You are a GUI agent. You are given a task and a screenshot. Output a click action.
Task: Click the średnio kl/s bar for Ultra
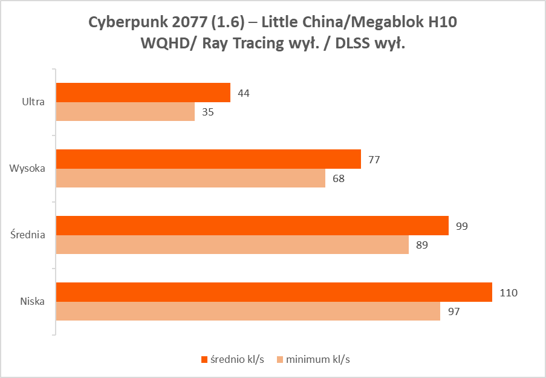point(143,93)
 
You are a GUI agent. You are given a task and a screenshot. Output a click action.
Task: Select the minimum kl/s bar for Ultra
point(125,111)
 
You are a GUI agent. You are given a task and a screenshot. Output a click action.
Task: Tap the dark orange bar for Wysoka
point(209,159)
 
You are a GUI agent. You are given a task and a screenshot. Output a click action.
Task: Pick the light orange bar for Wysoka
point(190,178)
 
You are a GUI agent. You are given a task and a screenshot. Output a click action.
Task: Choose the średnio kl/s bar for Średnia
point(252,226)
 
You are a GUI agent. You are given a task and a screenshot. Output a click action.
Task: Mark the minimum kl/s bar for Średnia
point(232,244)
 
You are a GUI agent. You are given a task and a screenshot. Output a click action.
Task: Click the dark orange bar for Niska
point(274,292)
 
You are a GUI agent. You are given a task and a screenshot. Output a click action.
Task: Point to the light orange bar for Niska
point(248,311)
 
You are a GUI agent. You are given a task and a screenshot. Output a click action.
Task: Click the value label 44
point(244,93)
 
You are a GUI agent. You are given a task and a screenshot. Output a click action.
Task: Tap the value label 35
point(208,112)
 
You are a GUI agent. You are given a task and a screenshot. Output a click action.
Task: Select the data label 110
point(509,293)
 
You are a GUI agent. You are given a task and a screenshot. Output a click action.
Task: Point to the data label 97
point(453,311)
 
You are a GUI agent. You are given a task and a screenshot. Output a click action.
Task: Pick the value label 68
point(339,178)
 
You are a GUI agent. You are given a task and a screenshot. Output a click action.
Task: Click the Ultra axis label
point(33,102)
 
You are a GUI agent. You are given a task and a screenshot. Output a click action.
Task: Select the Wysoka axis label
point(27,168)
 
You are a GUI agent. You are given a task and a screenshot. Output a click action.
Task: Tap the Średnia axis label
point(27,235)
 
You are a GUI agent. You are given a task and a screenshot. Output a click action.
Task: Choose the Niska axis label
point(32,301)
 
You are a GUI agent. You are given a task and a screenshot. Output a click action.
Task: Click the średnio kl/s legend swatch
point(204,359)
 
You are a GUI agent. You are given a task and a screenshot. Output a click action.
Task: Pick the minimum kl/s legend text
point(319,359)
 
